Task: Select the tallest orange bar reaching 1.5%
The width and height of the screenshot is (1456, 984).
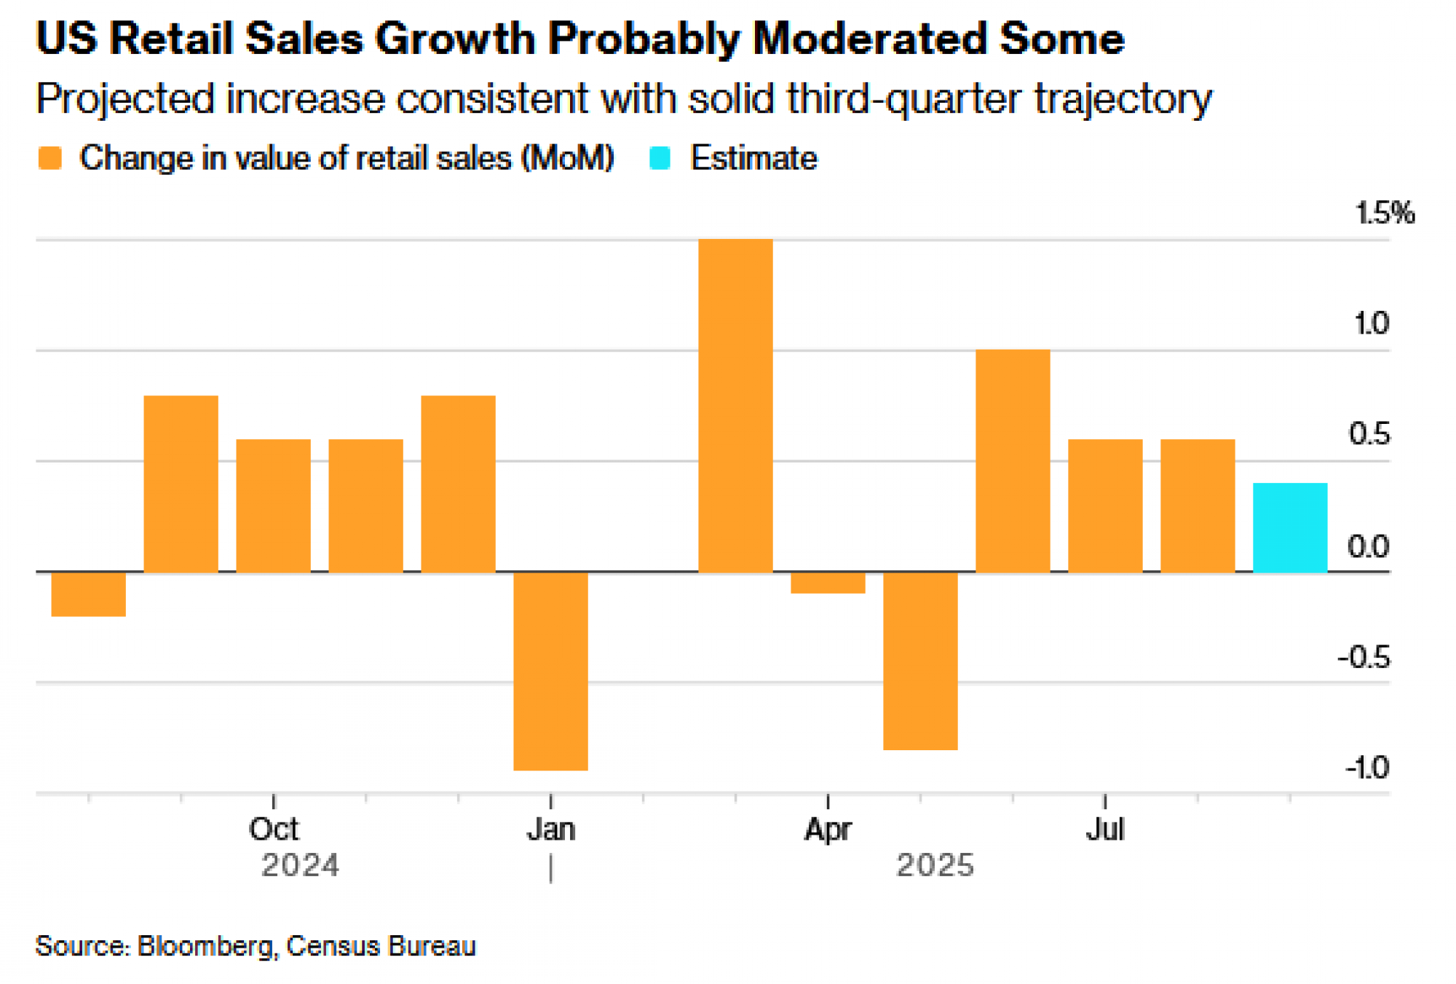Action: pos(735,405)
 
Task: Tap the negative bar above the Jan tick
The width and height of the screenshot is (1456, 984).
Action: pos(550,671)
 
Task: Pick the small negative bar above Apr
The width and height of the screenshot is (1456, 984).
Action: pos(828,583)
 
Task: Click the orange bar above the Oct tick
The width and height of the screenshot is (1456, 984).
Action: pos(273,505)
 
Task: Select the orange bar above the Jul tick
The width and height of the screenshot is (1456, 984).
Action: pos(1104,505)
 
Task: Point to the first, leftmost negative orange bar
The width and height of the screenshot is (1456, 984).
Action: pos(88,594)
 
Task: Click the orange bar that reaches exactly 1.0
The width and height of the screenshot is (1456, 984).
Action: pos(1013,460)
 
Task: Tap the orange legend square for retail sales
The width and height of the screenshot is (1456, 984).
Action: pos(50,158)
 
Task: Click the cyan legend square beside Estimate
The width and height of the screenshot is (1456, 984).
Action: pos(660,158)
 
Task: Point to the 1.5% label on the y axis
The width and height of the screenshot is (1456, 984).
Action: pos(1384,213)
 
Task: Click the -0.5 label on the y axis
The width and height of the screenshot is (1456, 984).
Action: pos(1364,658)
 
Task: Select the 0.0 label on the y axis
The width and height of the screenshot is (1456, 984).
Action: pos(1368,546)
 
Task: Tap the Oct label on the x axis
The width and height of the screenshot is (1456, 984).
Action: pos(273,829)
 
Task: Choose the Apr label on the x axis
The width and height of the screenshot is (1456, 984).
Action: pos(828,829)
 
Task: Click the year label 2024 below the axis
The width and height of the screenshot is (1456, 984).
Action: pos(300,866)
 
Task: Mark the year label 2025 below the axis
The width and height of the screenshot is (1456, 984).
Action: pos(935,866)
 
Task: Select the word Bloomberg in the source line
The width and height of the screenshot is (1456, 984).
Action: pos(205,945)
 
